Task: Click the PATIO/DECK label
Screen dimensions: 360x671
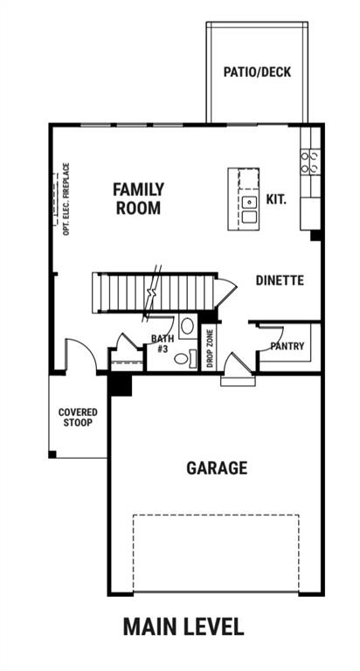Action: [257, 72]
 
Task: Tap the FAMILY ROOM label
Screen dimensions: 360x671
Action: [138, 198]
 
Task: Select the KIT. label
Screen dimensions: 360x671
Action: [276, 199]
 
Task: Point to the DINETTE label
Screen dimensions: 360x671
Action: [280, 280]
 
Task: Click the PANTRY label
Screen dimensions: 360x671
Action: [287, 346]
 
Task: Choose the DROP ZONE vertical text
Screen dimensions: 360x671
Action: [210, 349]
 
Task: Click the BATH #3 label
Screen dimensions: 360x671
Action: [163, 343]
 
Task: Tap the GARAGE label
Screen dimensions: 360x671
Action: [217, 467]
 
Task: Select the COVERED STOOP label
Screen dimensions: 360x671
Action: [78, 418]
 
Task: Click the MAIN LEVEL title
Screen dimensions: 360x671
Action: [183, 626]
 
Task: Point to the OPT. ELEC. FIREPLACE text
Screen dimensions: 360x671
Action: [66, 198]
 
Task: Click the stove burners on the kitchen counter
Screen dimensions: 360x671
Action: [311, 161]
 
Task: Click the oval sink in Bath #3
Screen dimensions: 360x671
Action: [187, 326]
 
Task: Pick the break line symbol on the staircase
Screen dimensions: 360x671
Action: [152, 293]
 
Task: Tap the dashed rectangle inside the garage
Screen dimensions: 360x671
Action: [216, 553]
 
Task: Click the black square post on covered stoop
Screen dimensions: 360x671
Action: [52, 454]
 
